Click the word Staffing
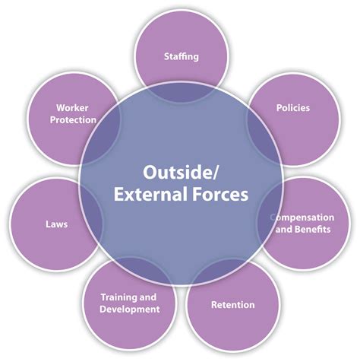tap(182, 56)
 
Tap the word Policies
tap(293, 108)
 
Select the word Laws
tap(57, 224)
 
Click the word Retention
tap(233, 305)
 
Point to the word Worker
tap(72, 108)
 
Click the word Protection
tap(73, 120)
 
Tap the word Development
tap(130, 310)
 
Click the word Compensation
tap(302, 218)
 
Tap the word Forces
tap(220, 195)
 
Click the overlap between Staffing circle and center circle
tap(182, 93)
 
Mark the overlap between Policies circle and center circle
tap(261, 137)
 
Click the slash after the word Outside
tap(214, 173)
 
